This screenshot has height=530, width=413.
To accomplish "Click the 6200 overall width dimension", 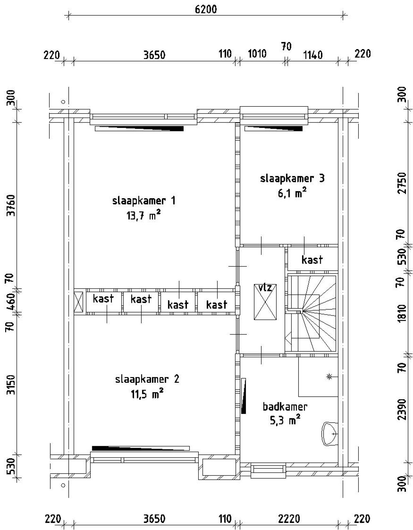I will (x=206, y=9).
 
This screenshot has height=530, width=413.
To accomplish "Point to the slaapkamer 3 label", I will (x=292, y=178).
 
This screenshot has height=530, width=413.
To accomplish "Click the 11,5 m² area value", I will (x=147, y=394).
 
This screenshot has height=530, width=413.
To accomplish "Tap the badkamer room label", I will (x=285, y=406).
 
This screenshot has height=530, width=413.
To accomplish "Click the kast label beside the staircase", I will (x=312, y=260).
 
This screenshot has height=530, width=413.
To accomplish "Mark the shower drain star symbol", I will (x=329, y=376).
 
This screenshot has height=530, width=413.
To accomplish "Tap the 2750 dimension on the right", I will (x=402, y=183).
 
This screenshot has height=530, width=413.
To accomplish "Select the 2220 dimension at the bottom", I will (x=289, y=519).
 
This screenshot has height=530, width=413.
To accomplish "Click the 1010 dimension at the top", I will (x=257, y=54).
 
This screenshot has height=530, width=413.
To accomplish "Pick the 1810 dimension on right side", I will (x=402, y=313).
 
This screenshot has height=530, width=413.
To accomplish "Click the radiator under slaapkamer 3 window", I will (x=274, y=129).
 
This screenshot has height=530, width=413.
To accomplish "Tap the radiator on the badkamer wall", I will (x=244, y=396).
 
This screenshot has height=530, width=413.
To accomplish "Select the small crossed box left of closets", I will (x=78, y=302).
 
